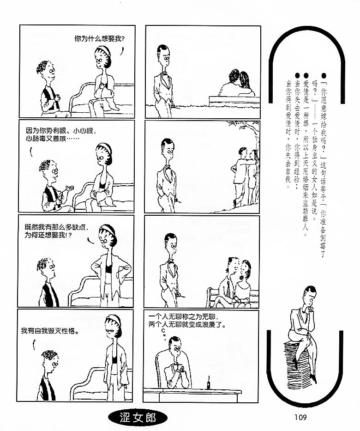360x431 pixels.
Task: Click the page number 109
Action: pyautogui.click(x=300, y=417)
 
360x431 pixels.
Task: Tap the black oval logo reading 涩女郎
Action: pyautogui.click(x=138, y=418)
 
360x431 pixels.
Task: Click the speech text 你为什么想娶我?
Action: pyautogui.click(x=99, y=39)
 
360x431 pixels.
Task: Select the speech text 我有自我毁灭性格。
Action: pyautogui.click(x=50, y=331)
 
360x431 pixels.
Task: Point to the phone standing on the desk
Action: pyautogui.click(x=209, y=382)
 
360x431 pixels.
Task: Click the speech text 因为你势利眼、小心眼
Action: pyautogui.click(x=60, y=130)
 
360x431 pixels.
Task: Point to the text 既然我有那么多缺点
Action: pyautogui.click(x=56, y=227)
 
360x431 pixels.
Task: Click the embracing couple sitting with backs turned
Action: pyautogui.click(x=236, y=83)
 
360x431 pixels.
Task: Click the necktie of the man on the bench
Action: pyautogui.click(x=228, y=289)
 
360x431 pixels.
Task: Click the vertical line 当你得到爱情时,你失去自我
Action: pyautogui.click(x=288, y=134)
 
